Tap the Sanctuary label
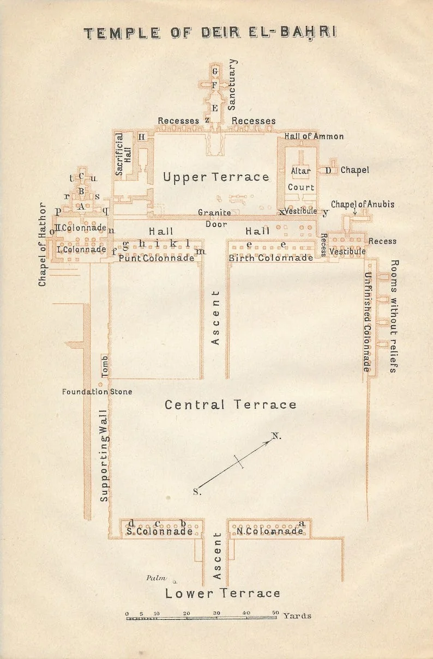[232, 84]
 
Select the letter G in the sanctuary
[215, 71]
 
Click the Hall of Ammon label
[314, 136]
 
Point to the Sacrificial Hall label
[123, 154]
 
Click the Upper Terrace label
[216, 177]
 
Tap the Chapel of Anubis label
[362, 204]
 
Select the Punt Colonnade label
[157, 258]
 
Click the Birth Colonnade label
[271, 258]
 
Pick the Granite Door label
[215, 218]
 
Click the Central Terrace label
[231, 405]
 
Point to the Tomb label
[105, 366]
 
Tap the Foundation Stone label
[97, 391]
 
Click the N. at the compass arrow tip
[276, 436]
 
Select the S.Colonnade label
[160, 531]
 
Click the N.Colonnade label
[269, 531]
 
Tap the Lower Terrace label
[222, 593]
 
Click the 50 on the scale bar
[275, 613]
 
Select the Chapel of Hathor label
[43, 244]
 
